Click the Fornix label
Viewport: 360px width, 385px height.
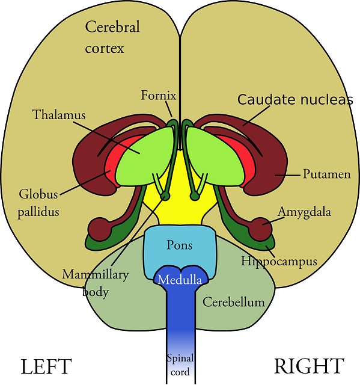pyautogui.click(x=159, y=95)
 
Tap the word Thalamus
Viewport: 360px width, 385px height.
pyautogui.click(x=59, y=115)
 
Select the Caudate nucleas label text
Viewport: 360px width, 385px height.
pyautogui.click(x=295, y=99)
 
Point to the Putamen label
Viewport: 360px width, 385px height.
pyautogui.click(x=327, y=174)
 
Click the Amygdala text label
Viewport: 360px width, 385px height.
pyautogui.click(x=304, y=212)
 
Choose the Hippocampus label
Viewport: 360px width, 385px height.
pyautogui.click(x=279, y=261)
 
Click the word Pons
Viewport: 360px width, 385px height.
pyautogui.click(x=180, y=245)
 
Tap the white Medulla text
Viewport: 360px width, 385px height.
pyautogui.click(x=180, y=279)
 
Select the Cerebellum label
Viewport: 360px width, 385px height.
pyautogui.click(x=233, y=302)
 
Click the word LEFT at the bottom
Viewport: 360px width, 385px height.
pyautogui.click(x=46, y=366)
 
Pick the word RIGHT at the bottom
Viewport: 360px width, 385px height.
pyautogui.click(x=309, y=366)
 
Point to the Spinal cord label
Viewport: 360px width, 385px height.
pyautogui.click(x=180, y=365)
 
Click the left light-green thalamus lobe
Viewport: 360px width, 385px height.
pyautogui.click(x=145, y=157)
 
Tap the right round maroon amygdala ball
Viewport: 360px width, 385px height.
pyautogui.click(x=260, y=229)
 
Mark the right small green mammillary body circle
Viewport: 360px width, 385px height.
pyautogui.click(x=195, y=196)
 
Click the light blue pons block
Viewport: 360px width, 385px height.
pyautogui.click(x=180, y=248)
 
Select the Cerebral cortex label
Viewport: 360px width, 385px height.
pyautogui.click(x=112, y=37)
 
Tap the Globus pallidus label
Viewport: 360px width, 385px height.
pyautogui.click(x=38, y=203)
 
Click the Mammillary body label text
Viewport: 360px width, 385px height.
pyautogui.click(x=96, y=283)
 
